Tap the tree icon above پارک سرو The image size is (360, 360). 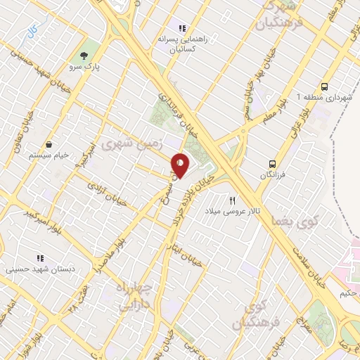click(x=86, y=56)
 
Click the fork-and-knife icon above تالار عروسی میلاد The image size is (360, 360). click(x=231, y=200)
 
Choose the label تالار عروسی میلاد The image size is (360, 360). click(x=232, y=211)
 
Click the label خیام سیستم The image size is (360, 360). click(x=50, y=154)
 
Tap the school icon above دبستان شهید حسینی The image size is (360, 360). click(x=40, y=257)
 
